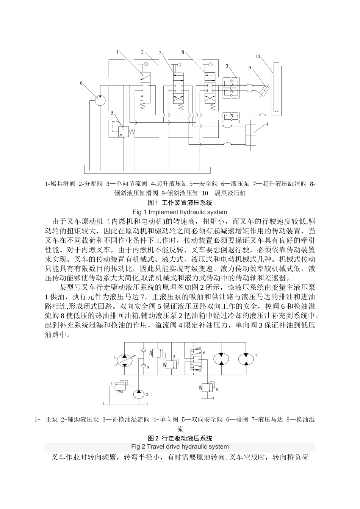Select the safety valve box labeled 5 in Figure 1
click(124, 131)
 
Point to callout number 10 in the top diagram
click(258, 56)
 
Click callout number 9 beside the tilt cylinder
click(250, 68)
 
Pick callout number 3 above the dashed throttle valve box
click(227, 66)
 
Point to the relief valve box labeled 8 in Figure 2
click(207, 388)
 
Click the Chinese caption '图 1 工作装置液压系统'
click(180, 203)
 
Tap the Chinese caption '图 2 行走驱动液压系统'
click(180, 438)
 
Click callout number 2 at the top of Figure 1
click(142, 52)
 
